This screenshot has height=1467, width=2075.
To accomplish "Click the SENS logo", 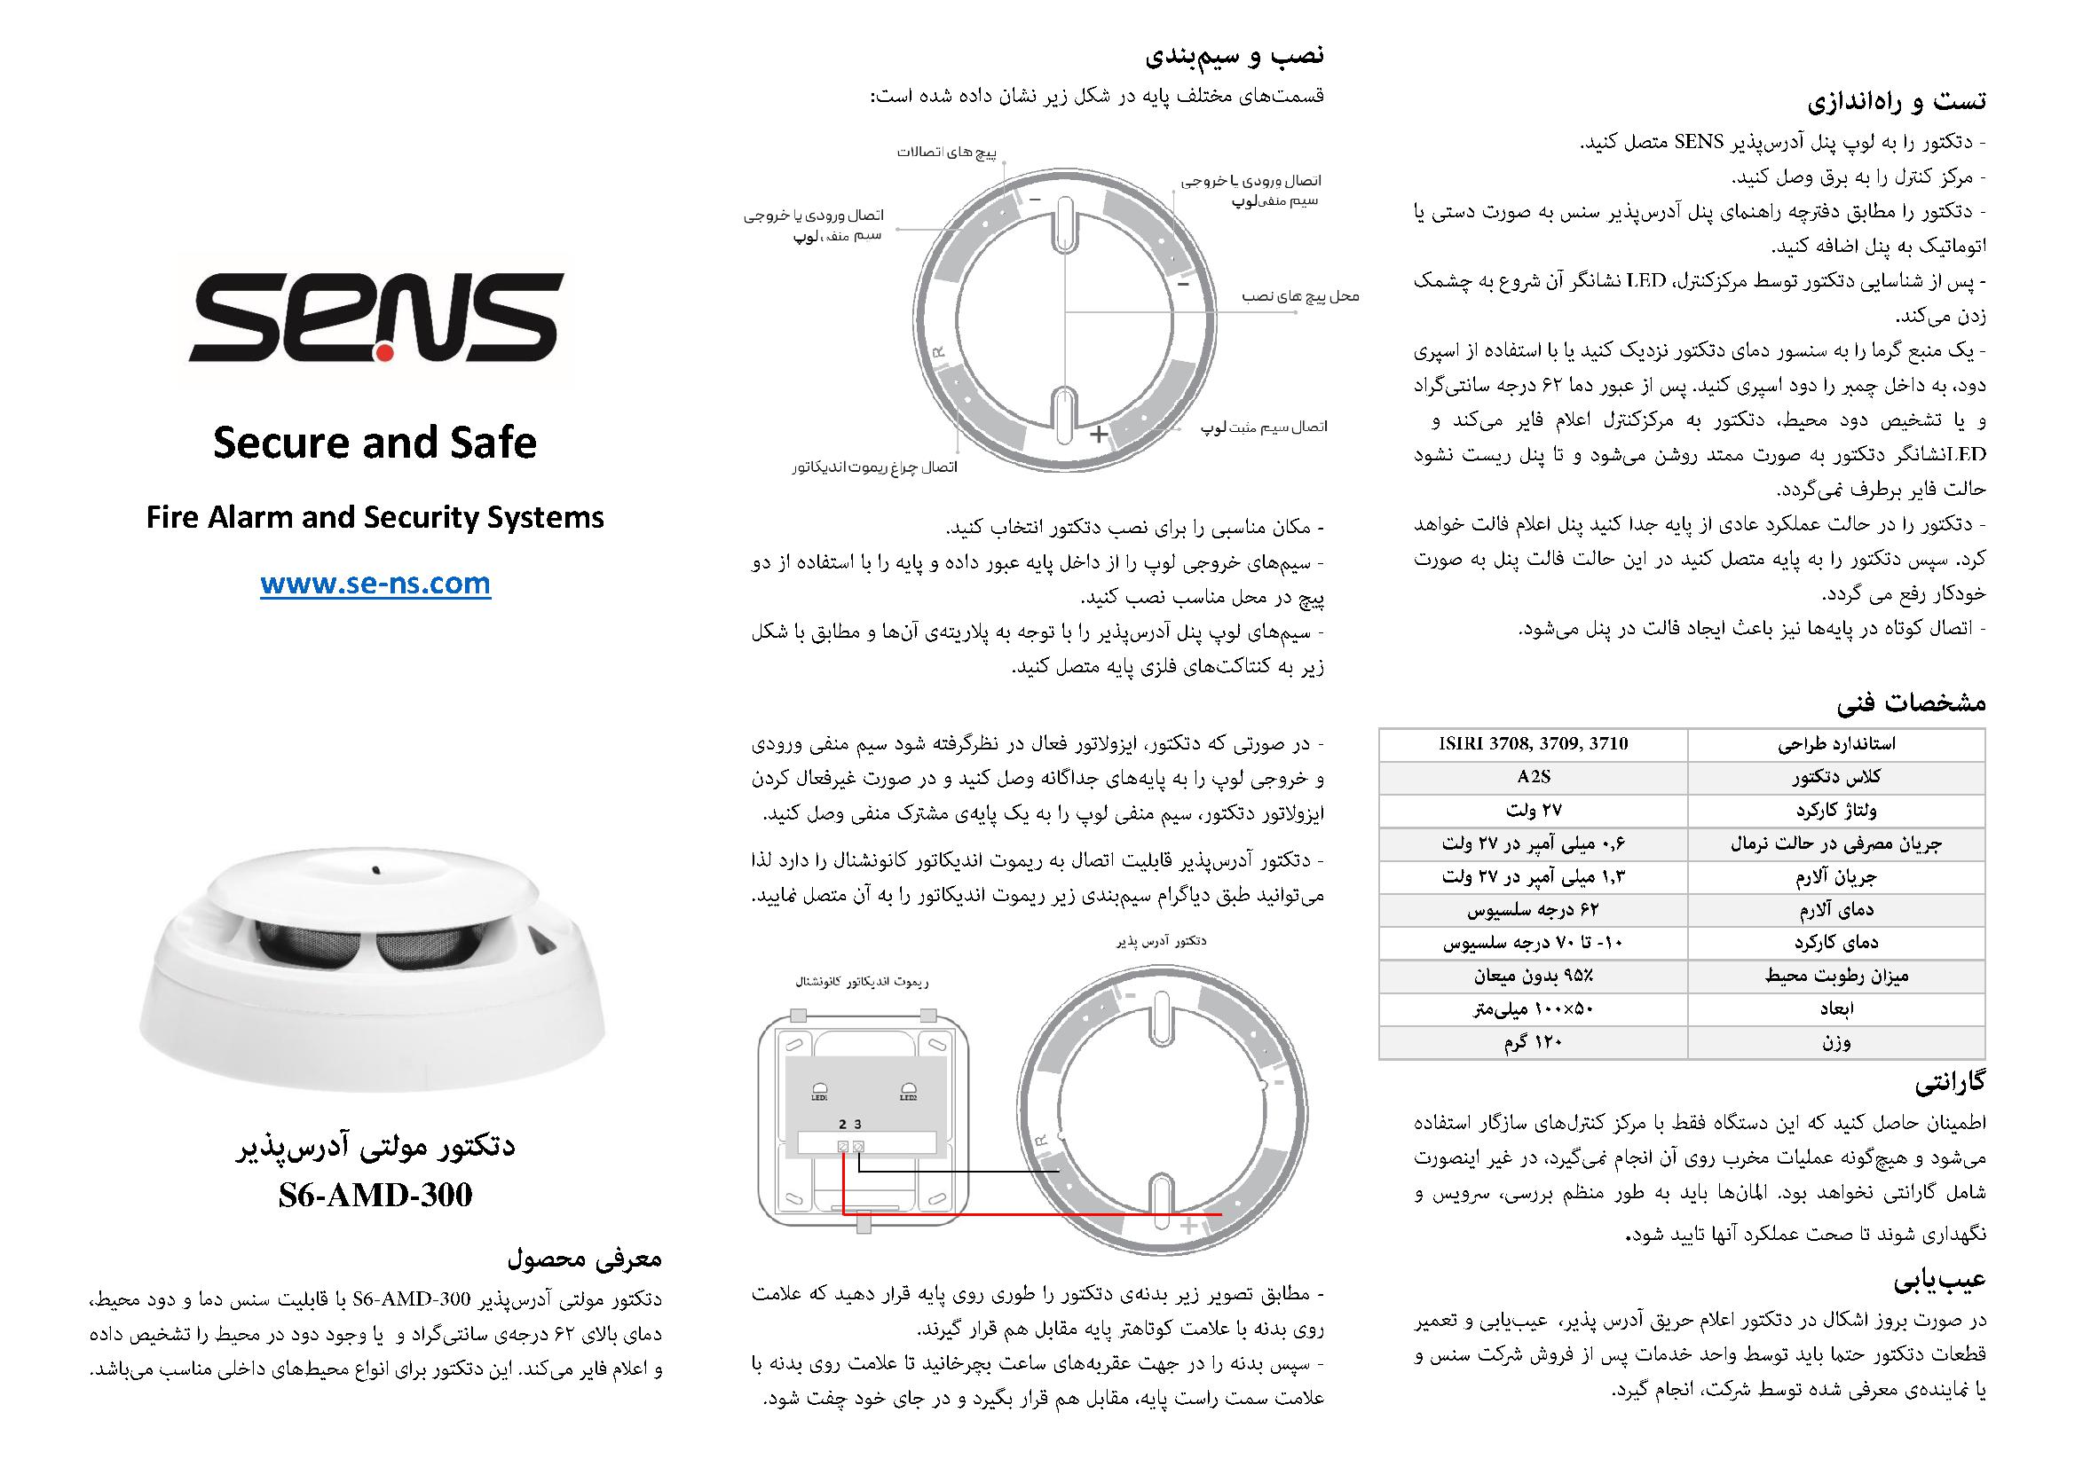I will (375, 318).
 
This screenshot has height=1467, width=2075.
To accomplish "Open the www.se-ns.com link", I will (375, 584).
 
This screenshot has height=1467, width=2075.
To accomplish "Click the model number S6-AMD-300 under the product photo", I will (375, 1195).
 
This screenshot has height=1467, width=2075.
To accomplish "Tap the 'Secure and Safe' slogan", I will (375, 443).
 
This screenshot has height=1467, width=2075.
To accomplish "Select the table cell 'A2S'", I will (1534, 777).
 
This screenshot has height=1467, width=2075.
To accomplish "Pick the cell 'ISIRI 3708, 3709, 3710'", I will (1534, 744).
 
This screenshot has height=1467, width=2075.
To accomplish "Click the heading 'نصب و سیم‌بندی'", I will (1235, 56).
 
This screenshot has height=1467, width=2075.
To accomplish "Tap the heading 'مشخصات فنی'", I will (1911, 702).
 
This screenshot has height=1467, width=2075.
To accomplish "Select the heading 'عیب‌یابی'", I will (1941, 1281).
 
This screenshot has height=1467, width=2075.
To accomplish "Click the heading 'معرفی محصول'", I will (585, 1258).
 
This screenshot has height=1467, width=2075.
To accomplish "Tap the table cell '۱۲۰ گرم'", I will (1534, 1042).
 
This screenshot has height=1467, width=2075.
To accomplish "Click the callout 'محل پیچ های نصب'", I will (1300, 296).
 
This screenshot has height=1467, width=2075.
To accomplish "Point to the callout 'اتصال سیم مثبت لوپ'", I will (1265, 426).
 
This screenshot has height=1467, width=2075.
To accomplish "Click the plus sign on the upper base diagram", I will (1098, 435).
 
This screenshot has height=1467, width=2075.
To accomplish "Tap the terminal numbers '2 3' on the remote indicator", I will (849, 1124).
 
